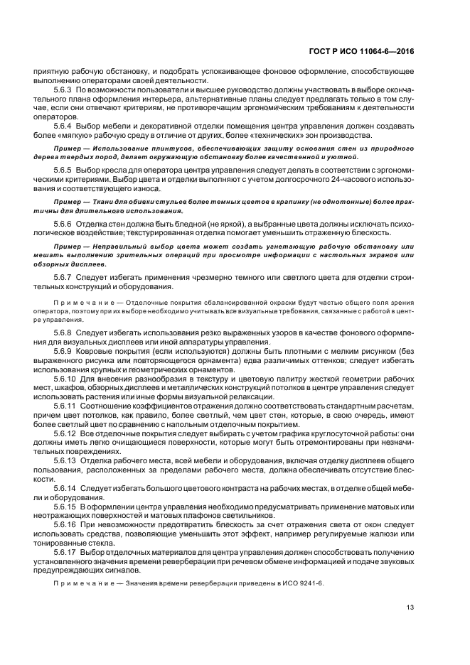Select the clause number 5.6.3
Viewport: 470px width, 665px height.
point(64,92)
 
